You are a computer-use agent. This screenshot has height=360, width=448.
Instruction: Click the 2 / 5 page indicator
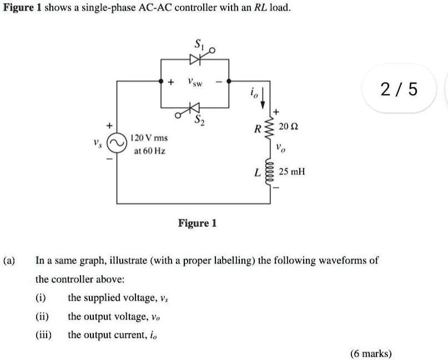[399, 88]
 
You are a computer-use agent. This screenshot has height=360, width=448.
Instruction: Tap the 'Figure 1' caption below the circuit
[197, 223]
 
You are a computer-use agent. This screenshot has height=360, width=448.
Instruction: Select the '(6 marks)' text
[371, 353]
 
